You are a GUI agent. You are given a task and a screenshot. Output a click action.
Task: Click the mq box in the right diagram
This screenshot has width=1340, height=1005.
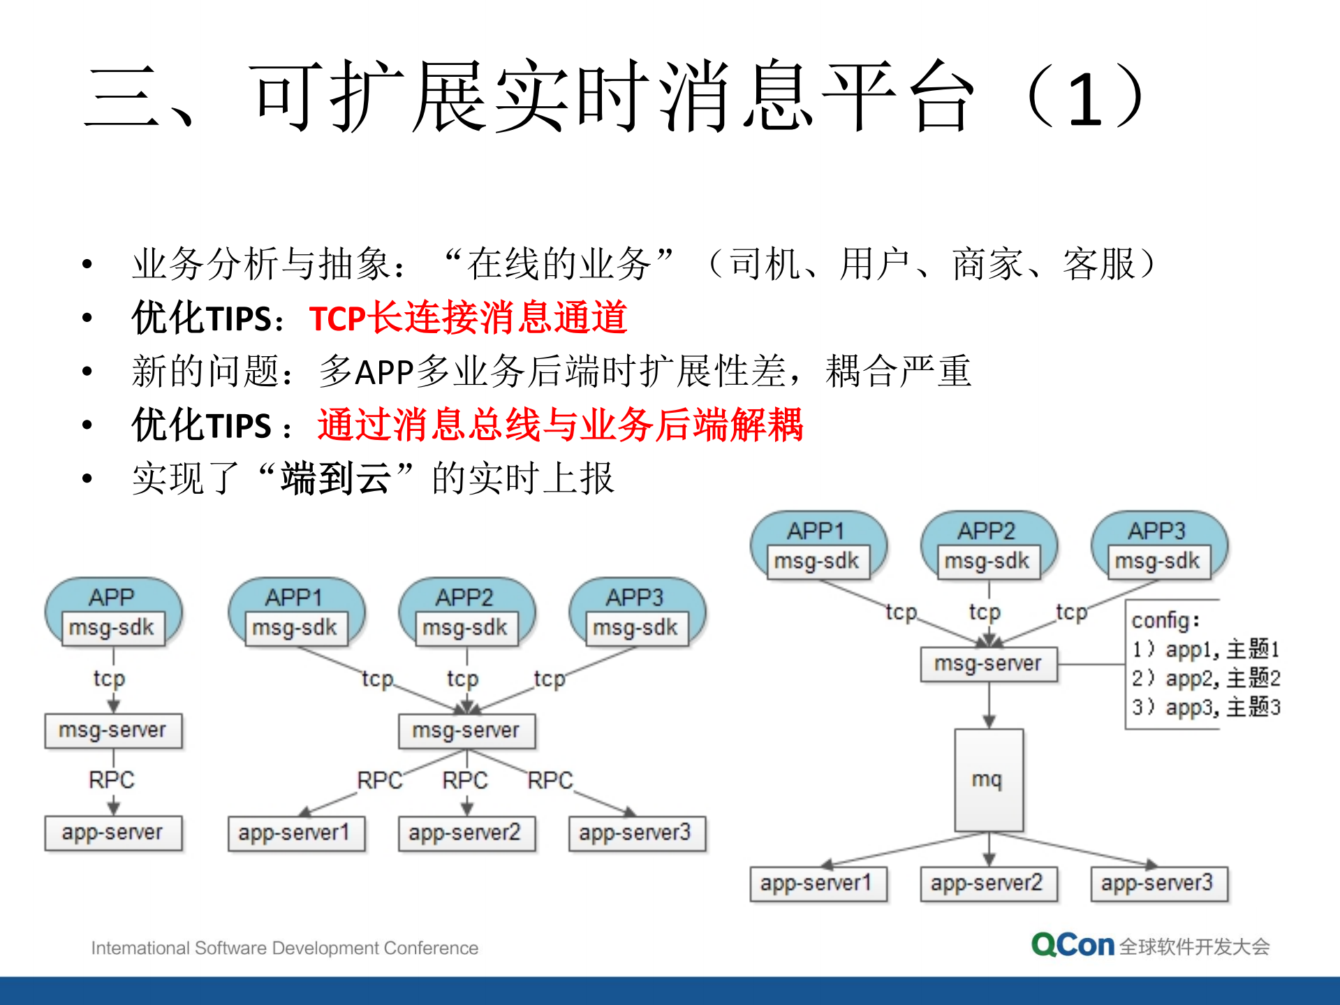coord(988,779)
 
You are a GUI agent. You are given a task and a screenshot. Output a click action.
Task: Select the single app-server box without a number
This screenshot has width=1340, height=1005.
coord(113,832)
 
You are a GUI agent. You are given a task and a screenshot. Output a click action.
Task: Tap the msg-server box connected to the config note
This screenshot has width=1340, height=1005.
coord(988,663)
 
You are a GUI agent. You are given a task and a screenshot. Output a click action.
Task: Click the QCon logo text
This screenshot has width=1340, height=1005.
coord(1073,946)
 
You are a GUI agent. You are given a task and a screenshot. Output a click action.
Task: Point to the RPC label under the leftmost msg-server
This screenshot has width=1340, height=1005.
coord(112,779)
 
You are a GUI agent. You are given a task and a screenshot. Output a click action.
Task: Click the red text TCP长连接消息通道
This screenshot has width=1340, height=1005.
coord(468,318)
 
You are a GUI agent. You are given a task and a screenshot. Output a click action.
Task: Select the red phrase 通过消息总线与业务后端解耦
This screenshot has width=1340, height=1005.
coord(560,425)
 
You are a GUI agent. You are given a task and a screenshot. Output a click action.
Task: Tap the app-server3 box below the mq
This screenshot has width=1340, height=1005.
coord(1158,883)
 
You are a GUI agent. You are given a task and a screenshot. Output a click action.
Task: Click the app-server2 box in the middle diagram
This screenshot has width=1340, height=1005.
coord(466,833)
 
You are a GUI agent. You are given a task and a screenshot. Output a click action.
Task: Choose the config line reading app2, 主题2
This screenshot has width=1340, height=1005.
coord(1206,678)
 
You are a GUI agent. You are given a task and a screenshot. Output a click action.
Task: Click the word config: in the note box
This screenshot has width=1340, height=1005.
coord(1165,620)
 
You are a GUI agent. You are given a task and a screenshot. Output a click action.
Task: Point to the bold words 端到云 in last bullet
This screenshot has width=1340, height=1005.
coord(335,479)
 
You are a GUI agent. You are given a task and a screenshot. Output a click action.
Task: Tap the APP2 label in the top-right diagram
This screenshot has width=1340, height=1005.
coord(986,531)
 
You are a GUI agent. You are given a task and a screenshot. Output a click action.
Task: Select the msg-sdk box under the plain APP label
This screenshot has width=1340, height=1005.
coord(112,628)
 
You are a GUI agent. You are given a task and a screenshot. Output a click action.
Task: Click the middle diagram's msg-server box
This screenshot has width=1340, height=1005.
coord(466,731)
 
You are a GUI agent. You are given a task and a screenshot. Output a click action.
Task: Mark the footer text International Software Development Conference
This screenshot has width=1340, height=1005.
coord(284,948)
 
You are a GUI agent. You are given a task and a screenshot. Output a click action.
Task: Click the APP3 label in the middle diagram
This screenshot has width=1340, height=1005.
coord(634,597)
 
